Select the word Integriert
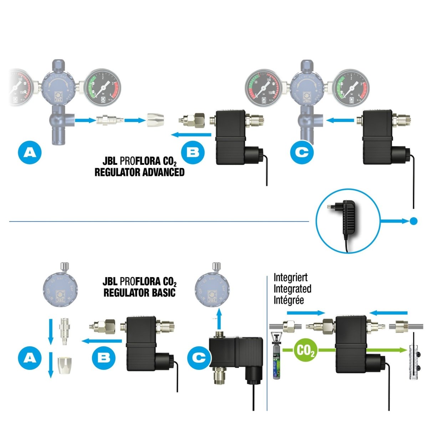[x=290, y=277]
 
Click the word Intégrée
[x=289, y=300]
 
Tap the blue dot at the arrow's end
[x=413, y=221]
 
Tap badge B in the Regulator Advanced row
[x=193, y=153]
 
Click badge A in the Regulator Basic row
[x=30, y=357]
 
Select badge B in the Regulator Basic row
[x=104, y=357]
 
